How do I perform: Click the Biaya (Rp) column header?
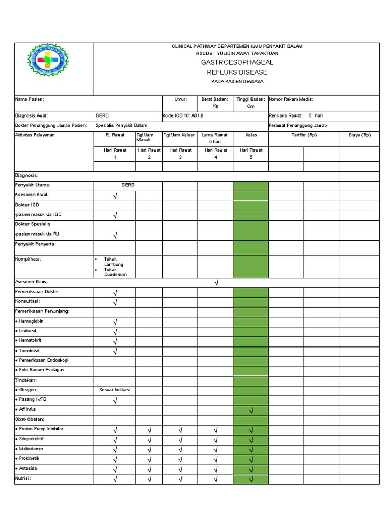359,135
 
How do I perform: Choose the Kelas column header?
251,135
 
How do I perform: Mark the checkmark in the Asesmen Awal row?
115,195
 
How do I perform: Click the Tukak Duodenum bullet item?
115,272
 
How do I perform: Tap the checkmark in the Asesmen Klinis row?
216,282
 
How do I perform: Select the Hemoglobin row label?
32,321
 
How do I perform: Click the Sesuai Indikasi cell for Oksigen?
115,390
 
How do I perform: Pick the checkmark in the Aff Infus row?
251,411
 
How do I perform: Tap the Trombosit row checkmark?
115,352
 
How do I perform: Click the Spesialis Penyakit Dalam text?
118,125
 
